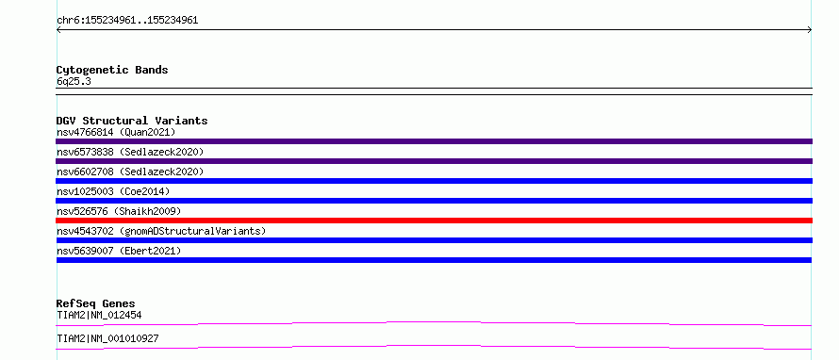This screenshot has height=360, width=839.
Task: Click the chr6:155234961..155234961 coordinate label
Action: click(127, 21)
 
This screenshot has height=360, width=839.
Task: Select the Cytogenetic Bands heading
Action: click(112, 70)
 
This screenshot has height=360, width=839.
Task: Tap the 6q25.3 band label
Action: click(74, 82)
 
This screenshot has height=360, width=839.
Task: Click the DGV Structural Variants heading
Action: click(132, 121)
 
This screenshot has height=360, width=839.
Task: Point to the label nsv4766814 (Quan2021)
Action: click(116, 132)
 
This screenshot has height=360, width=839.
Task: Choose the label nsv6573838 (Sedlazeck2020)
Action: click(130, 152)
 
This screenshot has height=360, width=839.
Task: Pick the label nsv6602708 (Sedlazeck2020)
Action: click(130, 172)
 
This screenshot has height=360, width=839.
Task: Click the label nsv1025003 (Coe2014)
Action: click(113, 191)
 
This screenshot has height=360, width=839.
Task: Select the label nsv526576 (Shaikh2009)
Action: click(119, 211)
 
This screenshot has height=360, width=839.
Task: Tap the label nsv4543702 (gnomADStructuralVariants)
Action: click(161, 231)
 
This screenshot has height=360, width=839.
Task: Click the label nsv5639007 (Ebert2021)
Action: click(119, 251)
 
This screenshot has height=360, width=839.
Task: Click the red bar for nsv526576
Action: click(434, 221)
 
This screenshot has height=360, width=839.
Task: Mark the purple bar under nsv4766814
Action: click(434, 141)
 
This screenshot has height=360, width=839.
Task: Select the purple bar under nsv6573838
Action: click(434, 161)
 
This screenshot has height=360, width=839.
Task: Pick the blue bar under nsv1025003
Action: click(434, 201)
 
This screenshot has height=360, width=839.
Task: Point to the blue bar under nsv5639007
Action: click(434, 260)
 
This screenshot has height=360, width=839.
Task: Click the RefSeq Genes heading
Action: click(96, 303)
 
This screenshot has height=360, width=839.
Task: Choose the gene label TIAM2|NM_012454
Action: click(99, 316)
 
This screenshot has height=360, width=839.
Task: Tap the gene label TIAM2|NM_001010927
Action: click(107, 339)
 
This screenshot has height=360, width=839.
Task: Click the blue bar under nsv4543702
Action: click(434, 240)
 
